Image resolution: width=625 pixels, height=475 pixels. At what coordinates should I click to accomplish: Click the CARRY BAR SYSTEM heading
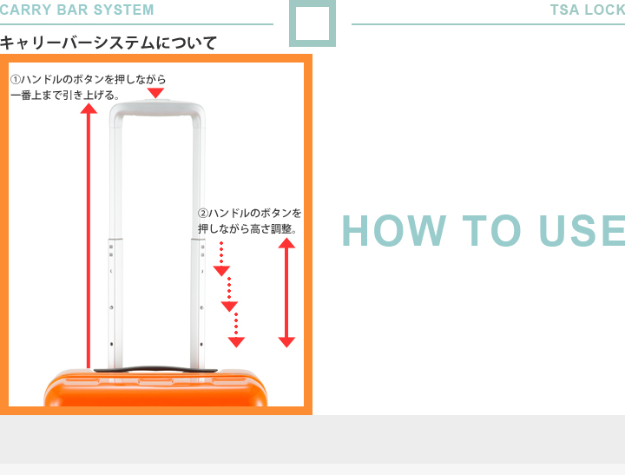(76, 10)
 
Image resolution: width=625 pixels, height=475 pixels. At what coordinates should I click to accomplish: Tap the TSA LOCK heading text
(588, 10)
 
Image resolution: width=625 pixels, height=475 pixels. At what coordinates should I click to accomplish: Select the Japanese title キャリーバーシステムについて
(109, 43)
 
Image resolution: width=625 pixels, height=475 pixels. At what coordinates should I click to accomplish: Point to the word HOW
(394, 230)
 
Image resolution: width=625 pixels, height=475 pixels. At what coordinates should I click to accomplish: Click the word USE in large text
(582, 230)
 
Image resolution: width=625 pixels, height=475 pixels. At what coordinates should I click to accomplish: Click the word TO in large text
(491, 230)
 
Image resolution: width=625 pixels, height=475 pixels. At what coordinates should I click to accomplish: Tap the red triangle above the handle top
(155, 93)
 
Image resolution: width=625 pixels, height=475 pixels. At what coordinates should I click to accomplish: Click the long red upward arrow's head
(89, 108)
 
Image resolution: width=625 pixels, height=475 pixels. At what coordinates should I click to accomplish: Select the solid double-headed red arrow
(286, 293)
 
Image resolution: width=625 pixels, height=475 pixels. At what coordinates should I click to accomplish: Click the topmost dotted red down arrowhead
(221, 271)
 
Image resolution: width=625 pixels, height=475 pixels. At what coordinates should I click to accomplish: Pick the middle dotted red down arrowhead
(229, 307)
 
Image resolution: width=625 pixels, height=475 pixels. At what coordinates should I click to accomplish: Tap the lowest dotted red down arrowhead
(236, 342)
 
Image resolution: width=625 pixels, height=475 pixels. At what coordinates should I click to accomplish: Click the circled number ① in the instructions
(15, 79)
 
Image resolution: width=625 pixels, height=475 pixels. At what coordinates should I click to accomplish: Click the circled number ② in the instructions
(203, 214)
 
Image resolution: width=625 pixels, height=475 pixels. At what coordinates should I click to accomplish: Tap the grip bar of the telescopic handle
(157, 108)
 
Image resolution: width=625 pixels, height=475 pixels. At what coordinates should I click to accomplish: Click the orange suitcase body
(155, 389)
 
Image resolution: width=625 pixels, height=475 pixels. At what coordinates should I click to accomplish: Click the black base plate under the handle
(155, 370)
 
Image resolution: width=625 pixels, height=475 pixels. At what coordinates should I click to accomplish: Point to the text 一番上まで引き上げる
(65, 96)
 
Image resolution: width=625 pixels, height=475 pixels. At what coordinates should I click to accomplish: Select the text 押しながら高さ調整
(247, 229)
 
